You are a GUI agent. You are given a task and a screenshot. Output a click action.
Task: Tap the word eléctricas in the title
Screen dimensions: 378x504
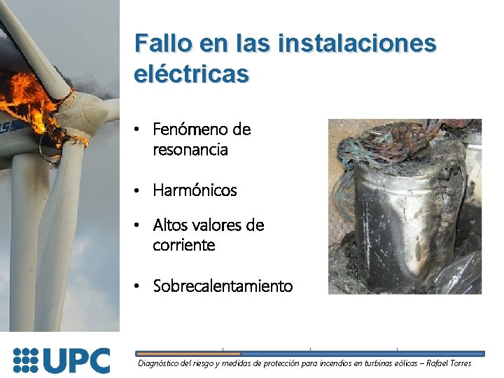tap(191, 73)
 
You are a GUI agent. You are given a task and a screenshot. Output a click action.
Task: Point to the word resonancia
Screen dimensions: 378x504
tap(190, 149)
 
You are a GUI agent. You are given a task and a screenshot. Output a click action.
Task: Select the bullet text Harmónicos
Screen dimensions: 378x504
tap(195, 190)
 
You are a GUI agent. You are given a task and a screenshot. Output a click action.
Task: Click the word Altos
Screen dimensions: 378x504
tap(171, 225)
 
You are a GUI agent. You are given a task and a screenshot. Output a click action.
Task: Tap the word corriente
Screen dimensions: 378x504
tap(184, 245)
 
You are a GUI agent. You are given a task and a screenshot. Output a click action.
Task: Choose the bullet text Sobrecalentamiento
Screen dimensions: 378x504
tap(223, 286)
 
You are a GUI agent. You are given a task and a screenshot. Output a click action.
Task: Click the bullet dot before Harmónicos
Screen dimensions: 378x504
tap(139, 190)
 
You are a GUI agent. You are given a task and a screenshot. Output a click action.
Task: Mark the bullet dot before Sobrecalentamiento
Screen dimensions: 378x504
tap(139, 286)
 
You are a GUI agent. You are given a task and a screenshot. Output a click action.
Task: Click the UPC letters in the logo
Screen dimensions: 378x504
tap(76, 360)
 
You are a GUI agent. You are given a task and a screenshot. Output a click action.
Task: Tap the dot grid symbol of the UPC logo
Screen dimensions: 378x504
tap(26, 360)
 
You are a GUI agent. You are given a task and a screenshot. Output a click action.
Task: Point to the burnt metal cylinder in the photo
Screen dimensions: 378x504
tap(392, 224)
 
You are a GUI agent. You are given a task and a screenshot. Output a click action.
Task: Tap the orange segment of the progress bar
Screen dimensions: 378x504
tap(187, 353)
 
